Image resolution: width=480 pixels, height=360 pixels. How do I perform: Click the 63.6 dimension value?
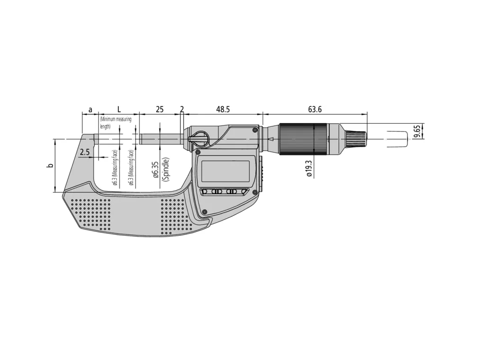click(x=315, y=109)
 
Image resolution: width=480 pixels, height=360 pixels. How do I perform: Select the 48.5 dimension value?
click(x=223, y=109)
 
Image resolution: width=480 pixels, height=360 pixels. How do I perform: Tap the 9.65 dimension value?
click(x=417, y=131)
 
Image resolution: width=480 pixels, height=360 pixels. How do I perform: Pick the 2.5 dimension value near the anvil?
click(x=85, y=152)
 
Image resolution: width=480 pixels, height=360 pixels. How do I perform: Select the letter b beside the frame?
click(x=49, y=166)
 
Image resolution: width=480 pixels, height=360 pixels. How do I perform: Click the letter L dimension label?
click(x=118, y=109)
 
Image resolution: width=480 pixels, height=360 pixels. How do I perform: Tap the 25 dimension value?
click(x=160, y=109)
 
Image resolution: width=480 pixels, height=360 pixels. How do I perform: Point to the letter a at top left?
click(x=90, y=110)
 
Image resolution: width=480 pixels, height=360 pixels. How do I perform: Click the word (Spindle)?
click(x=165, y=170)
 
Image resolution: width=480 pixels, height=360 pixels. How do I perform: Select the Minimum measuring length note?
click(x=115, y=123)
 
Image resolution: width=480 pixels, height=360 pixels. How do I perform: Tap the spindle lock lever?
click(x=199, y=139)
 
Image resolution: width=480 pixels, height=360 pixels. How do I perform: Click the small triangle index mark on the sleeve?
click(x=271, y=139)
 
